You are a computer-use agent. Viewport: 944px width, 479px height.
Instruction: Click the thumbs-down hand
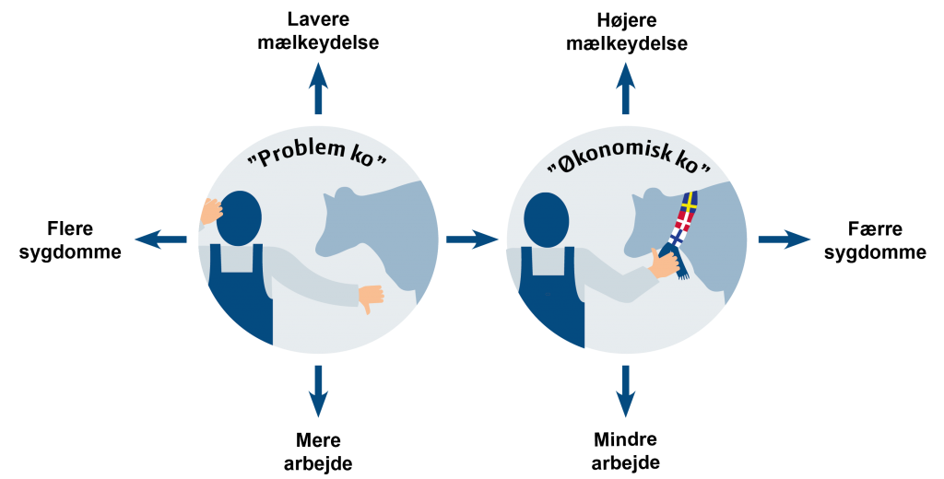371,298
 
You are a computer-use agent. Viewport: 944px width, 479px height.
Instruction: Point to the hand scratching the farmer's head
211,211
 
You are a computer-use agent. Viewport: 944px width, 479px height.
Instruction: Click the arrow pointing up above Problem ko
318,88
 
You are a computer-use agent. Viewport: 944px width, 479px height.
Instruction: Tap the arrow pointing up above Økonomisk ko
626,88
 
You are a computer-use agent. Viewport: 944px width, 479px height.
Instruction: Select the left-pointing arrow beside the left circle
160,239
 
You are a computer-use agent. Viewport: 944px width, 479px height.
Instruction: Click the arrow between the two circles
472,239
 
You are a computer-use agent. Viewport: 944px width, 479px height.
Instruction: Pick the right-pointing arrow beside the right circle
785,239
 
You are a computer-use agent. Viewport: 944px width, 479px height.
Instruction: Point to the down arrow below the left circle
318,391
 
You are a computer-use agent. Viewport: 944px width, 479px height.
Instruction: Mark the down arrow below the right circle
626,391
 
